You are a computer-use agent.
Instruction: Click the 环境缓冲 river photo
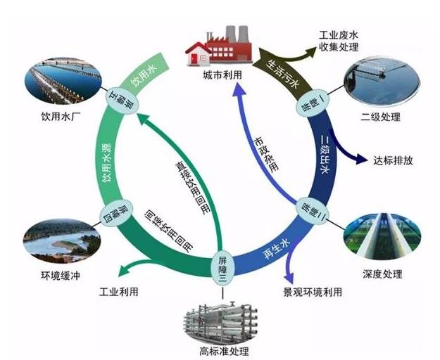coord(54,239)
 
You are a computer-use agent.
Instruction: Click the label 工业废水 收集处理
coord(339,41)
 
